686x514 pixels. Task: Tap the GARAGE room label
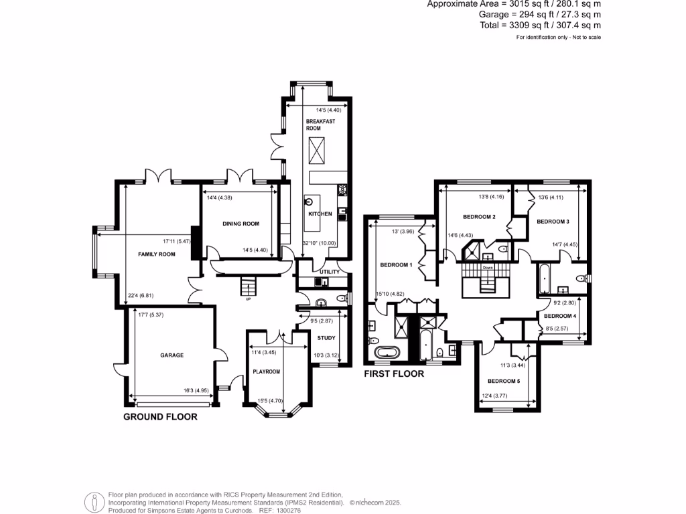(171, 355)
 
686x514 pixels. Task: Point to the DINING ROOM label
(241, 224)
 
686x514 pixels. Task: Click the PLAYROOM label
(266, 371)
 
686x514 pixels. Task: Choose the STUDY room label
(326, 338)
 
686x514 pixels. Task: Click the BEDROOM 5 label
(502, 381)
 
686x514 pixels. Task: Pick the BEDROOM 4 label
(559, 315)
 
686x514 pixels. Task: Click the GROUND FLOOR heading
(161, 416)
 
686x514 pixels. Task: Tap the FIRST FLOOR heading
(394, 373)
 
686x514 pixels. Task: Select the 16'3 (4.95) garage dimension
(197, 390)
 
